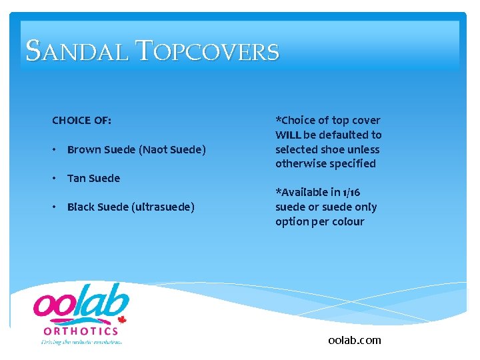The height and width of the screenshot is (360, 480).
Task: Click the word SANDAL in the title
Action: pyautogui.click(x=77, y=51)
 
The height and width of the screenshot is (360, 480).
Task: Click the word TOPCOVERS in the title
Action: pyautogui.click(x=208, y=51)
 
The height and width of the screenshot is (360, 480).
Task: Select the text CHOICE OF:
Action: pyautogui.click(x=81, y=121)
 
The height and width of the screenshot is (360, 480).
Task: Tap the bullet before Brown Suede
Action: pyautogui.click(x=54, y=150)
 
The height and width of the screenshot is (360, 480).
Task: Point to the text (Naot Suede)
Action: pyautogui.click(x=172, y=150)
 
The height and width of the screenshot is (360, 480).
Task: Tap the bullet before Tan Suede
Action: pyautogui.click(x=54, y=179)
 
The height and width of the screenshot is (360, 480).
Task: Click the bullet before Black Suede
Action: pyautogui.click(x=54, y=207)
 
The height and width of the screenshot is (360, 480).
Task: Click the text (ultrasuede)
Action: pyautogui.click(x=163, y=207)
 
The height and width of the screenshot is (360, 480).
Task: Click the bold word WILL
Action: pyautogui.click(x=288, y=135)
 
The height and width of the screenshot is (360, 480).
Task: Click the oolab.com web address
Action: pyautogui.click(x=355, y=340)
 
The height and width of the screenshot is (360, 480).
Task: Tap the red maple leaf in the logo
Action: pyautogui.click(x=121, y=319)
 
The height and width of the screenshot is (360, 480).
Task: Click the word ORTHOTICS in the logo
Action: pyautogui.click(x=81, y=331)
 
